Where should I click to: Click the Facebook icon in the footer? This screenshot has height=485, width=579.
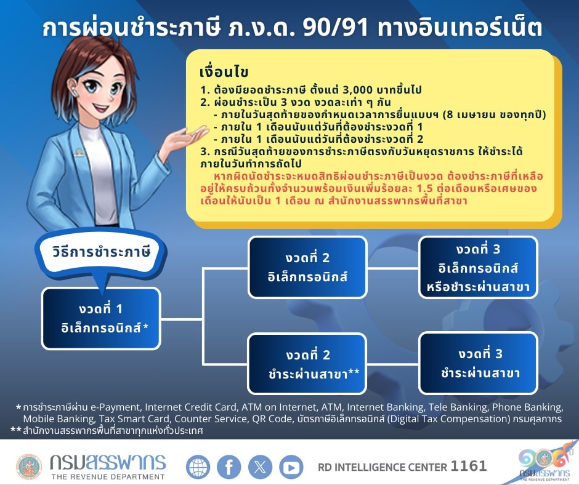coord(229,467)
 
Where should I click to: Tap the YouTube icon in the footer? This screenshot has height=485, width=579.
coord(291,467)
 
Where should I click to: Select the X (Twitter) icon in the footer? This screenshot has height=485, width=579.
coord(260,467)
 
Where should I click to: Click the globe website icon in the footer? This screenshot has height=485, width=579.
coord(198,467)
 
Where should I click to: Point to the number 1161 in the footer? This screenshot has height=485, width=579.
coord(469,467)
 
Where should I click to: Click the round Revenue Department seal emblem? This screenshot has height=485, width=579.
coord(29,467)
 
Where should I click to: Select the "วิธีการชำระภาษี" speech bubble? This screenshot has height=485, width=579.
coord(102,252)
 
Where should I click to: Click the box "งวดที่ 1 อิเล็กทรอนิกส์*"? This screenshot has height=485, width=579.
coord(102,318)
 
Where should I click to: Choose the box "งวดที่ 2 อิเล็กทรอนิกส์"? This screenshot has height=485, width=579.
coord(308,267)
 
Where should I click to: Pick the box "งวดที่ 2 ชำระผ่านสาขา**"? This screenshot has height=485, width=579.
coord(308,364)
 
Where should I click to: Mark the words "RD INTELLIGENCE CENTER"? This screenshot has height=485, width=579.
coord(382,467)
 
